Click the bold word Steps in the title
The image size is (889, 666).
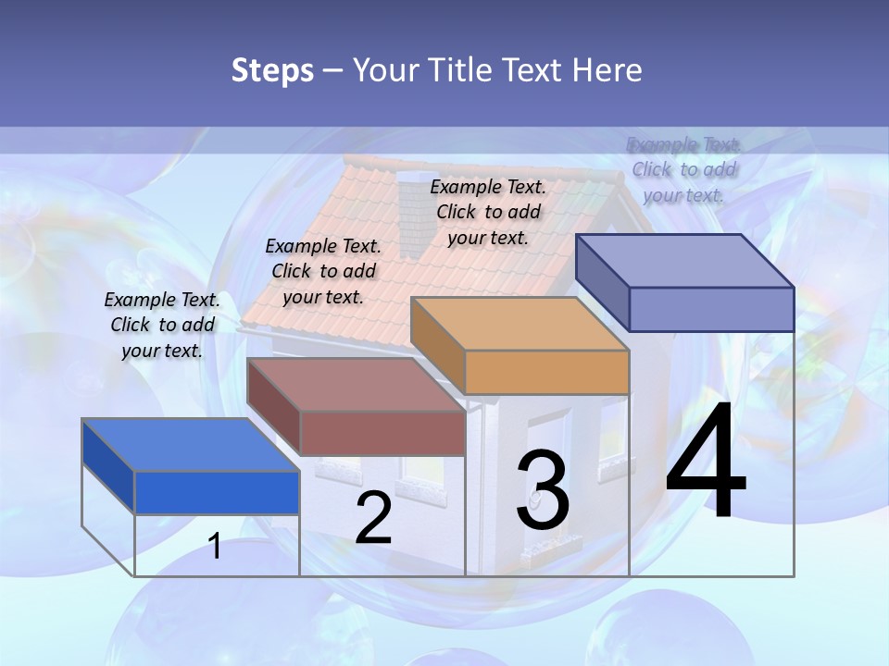(x=272, y=70)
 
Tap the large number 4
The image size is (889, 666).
(x=706, y=462)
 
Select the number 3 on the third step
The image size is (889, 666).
(x=543, y=490)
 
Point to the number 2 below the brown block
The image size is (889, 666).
(x=373, y=519)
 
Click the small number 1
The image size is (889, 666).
(x=215, y=546)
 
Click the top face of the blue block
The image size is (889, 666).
(x=190, y=445)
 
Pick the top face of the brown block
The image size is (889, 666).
(x=356, y=384)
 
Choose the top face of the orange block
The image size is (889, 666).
(x=520, y=324)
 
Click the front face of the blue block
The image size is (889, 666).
(x=217, y=492)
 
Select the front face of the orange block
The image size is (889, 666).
(x=546, y=372)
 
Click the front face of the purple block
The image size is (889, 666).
(x=711, y=309)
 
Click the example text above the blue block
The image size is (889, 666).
(x=162, y=325)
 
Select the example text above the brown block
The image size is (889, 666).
(x=323, y=271)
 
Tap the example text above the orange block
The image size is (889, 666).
(x=488, y=212)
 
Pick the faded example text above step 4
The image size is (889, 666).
(x=683, y=169)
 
